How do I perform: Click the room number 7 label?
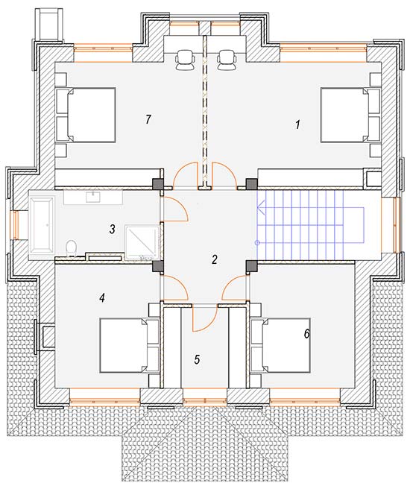[x=148, y=119]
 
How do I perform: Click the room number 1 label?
[x=297, y=124]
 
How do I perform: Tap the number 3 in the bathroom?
[x=112, y=230]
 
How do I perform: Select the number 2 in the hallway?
[x=214, y=259]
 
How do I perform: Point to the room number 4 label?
[x=102, y=298]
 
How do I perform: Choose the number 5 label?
[x=197, y=359]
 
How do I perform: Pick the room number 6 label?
[x=306, y=334]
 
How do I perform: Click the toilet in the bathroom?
[x=72, y=248]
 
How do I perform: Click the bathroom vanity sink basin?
[x=93, y=197]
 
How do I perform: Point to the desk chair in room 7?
[x=186, y=59]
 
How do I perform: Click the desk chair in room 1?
[x=226, y=59]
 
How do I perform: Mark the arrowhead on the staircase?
[x=261, y=207]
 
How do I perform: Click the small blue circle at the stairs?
[x=257, y=243]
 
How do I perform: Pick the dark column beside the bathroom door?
[x=158, y=184]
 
